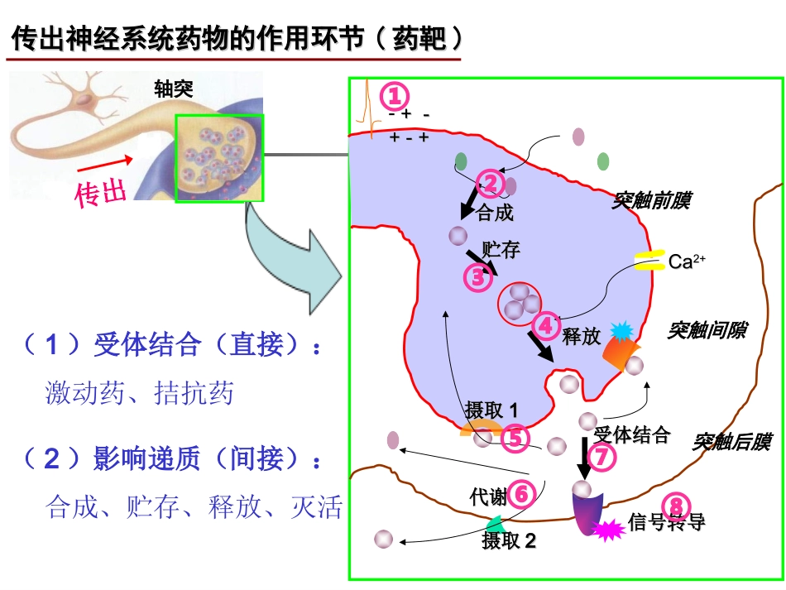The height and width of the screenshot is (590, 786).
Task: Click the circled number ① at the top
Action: [x=395, y=96]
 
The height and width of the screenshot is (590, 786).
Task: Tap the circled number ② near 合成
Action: [x=490, y=183]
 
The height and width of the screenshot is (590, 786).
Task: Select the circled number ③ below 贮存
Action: [x=477, y=278]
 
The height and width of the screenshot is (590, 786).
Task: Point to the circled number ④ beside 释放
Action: [x=547, y=325]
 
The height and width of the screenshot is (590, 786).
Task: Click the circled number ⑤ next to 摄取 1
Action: [x=515, y=438]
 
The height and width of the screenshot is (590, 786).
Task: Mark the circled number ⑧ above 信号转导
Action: [x=676, y=505]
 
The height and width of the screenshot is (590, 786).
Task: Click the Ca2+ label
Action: [x=687, y=262]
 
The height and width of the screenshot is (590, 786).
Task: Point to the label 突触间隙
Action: [x=707, y=330]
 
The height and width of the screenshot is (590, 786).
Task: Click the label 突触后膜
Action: [x=731, y=442]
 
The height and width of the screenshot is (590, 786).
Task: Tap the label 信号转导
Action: [x=666, y=522]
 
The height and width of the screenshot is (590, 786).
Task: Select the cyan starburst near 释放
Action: [x=621, y=331]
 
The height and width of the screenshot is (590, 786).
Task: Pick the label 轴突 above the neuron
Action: [x=174, y=89]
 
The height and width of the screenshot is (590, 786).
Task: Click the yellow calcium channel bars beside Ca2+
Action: [x=649, y=261]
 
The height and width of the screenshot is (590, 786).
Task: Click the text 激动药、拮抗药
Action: [x=139, y=392]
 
